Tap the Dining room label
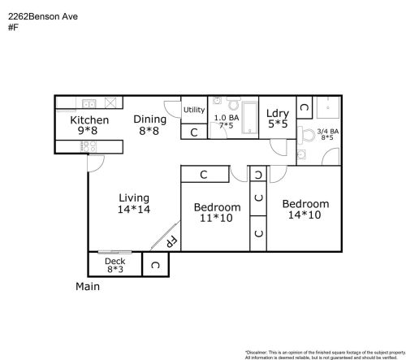click(x=150, y=119)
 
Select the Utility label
click(x=194, y=110)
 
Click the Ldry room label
click(x=278, y=114)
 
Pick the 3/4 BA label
click(x=327, y=131)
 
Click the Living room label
click(x=134, y=197)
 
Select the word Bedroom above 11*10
click(x=217, y=207)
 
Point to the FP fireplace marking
click(x=171, y=241)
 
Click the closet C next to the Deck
click(x=155, y=265)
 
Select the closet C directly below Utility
click(x=194, y=132)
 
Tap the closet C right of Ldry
click(x=303, y=106)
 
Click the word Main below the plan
click(x=88, y=287)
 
